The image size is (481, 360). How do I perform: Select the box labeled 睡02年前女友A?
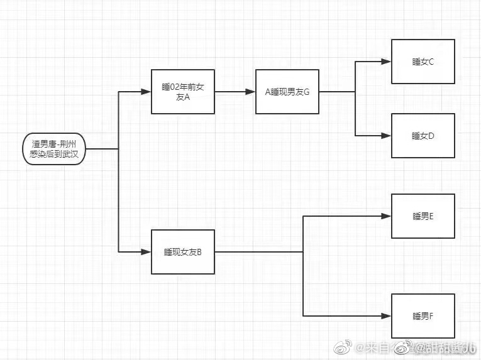tap(183, 92)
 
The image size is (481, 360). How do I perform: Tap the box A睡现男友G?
tap(287, 92)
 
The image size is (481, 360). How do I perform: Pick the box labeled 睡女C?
tap(423, 62)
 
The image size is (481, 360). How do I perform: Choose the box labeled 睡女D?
tap(423, 135)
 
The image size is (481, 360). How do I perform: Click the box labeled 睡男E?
tap(423, 216)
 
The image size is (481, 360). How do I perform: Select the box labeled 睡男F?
tap(423, 315)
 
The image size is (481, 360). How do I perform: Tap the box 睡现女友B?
tap(183, 252)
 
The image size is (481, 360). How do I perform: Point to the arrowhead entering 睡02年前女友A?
tap(147, 92)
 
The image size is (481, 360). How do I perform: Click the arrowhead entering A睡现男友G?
tap(251, 92)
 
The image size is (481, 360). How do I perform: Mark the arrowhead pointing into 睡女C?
tap(387, 62)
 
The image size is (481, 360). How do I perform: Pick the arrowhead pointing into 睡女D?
tap(387, 135)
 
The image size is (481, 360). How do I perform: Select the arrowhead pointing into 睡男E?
tap(387, 216)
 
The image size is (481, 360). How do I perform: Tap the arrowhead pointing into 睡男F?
tap(387, 315)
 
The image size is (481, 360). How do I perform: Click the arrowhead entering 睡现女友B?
tap(147, 252)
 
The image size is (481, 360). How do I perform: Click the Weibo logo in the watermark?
tap(342, 346)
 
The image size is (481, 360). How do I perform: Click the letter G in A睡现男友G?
tap(307, 92)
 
